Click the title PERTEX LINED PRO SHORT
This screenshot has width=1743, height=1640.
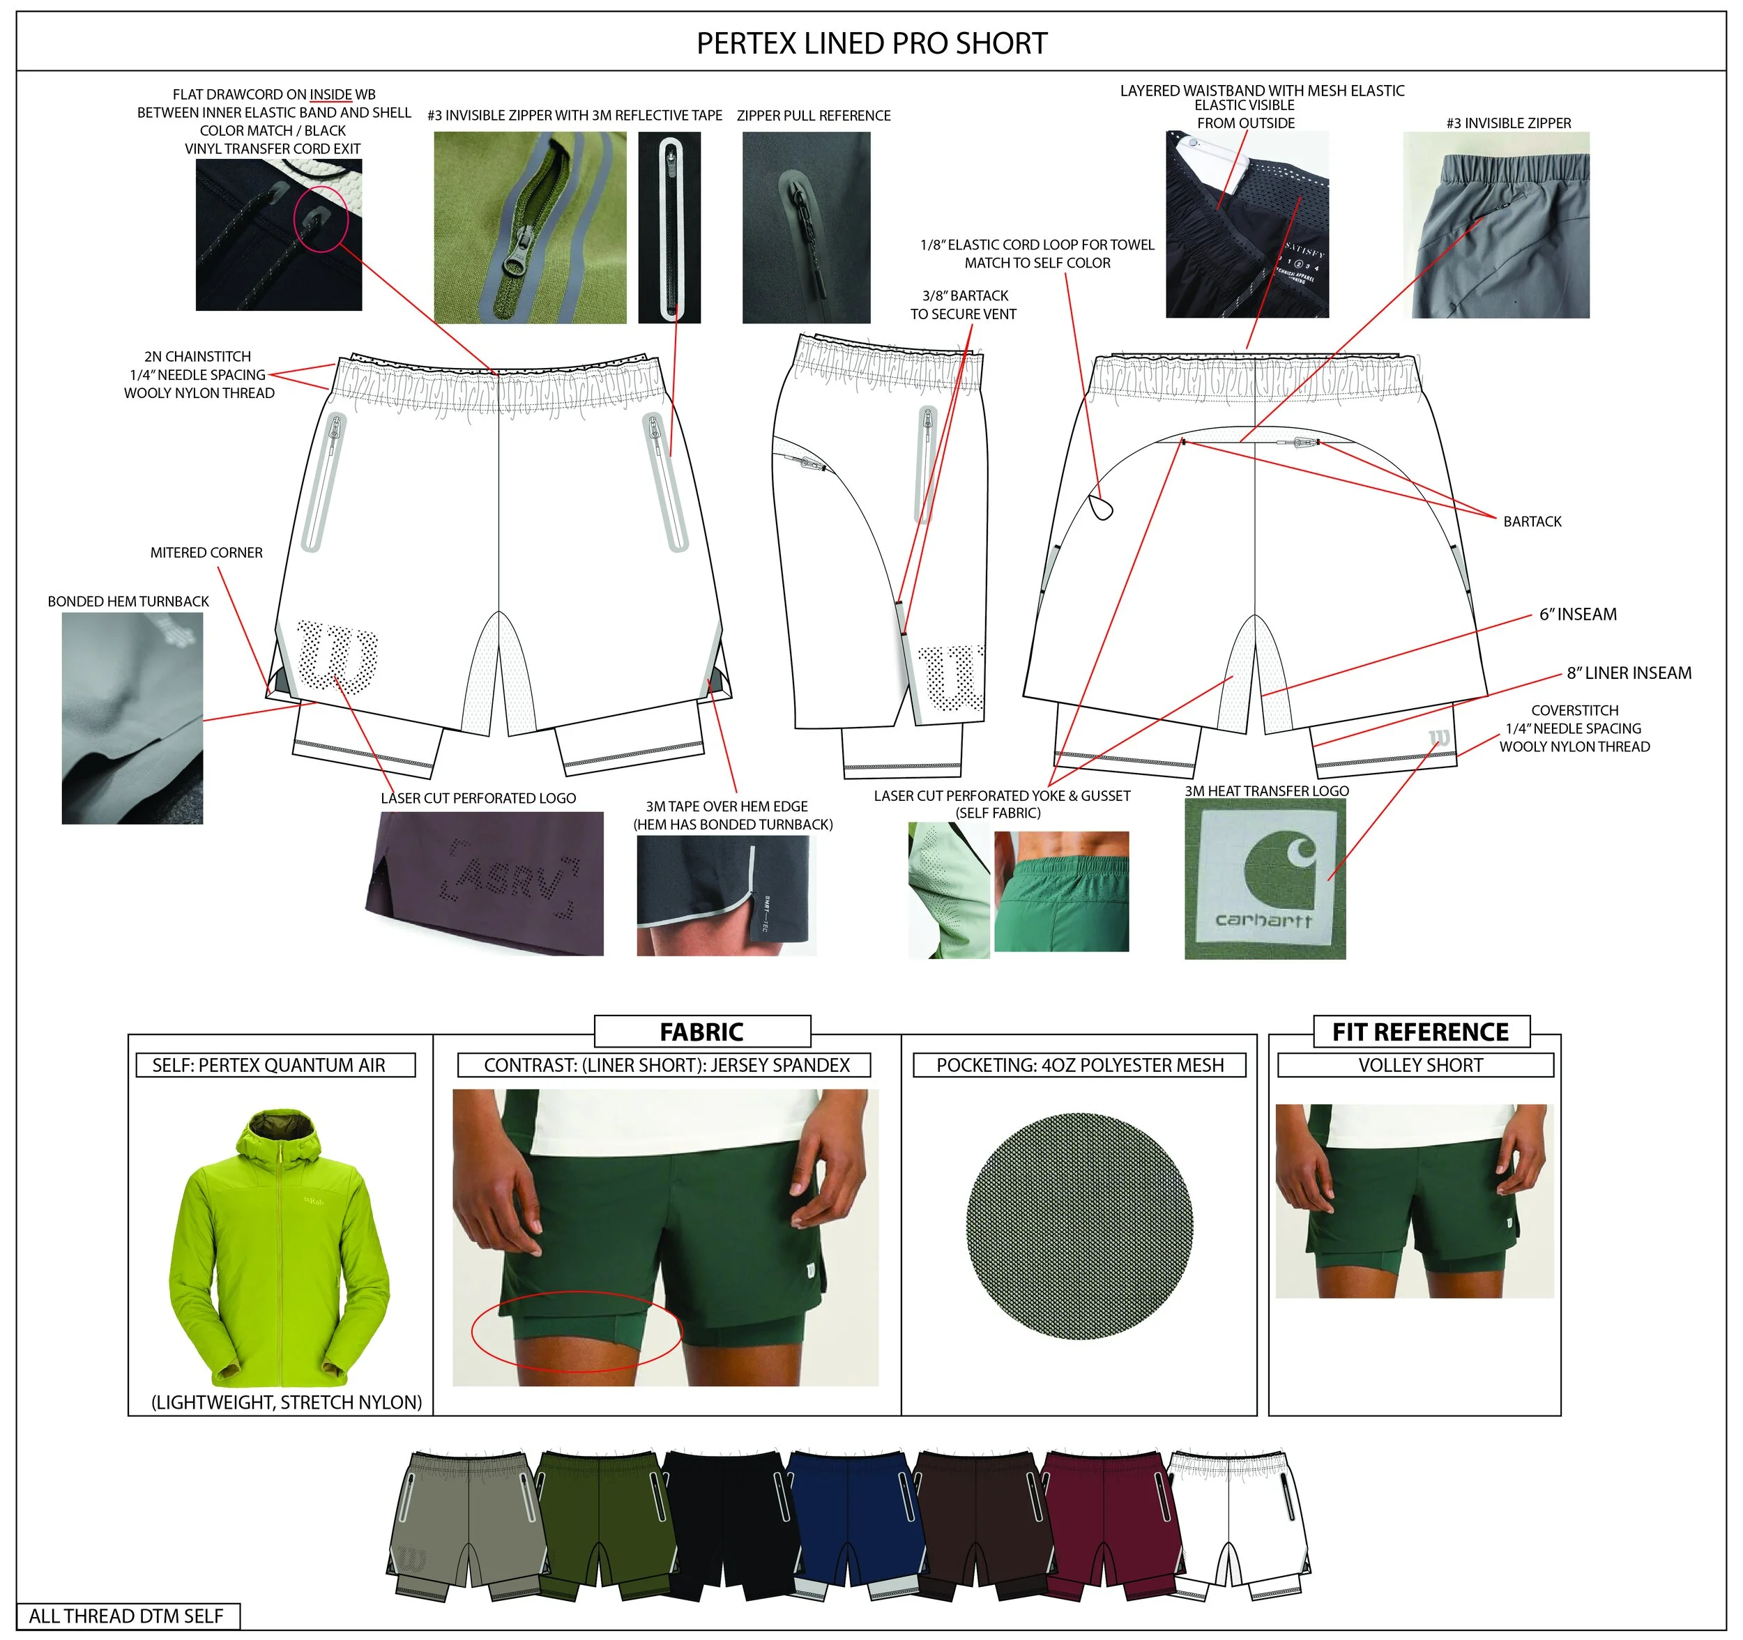tap(871, 43)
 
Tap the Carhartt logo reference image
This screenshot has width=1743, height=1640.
tap(1264, 878)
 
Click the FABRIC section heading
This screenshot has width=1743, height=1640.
tap(701, 1032)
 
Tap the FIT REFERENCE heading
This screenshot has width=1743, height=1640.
tap(1420, 1032)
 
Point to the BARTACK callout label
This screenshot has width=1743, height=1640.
tap(1532, 521)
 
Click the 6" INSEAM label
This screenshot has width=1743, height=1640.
tap(1577, 615)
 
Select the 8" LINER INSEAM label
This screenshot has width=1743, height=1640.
tap(1628, 673)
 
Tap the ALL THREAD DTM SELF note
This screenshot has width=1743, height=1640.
tap(126, 1616)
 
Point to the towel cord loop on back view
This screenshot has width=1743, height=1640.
tap(1100, 507)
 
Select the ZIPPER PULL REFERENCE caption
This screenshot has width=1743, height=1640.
tap(813, 116)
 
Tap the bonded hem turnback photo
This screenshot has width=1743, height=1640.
tap(132, 718)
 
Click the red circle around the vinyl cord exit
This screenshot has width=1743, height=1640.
tap(322, 217)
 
